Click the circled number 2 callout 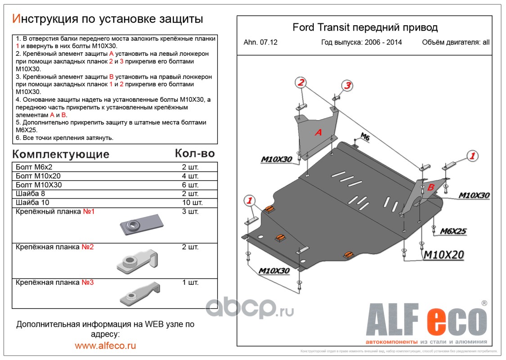click(301, 82)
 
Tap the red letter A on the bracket click(318, 132)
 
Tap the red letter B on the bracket click(430, 188)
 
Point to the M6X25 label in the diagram click(453, 232)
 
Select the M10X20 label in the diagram click(443, 255)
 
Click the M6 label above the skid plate click(365, 138)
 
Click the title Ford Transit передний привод click(365, 27)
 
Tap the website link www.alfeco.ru click(105, 346)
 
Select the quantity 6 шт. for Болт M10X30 click(190, 185)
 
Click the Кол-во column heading click(194, 153)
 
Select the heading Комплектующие click(61, 154)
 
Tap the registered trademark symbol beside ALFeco click(484, 303)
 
